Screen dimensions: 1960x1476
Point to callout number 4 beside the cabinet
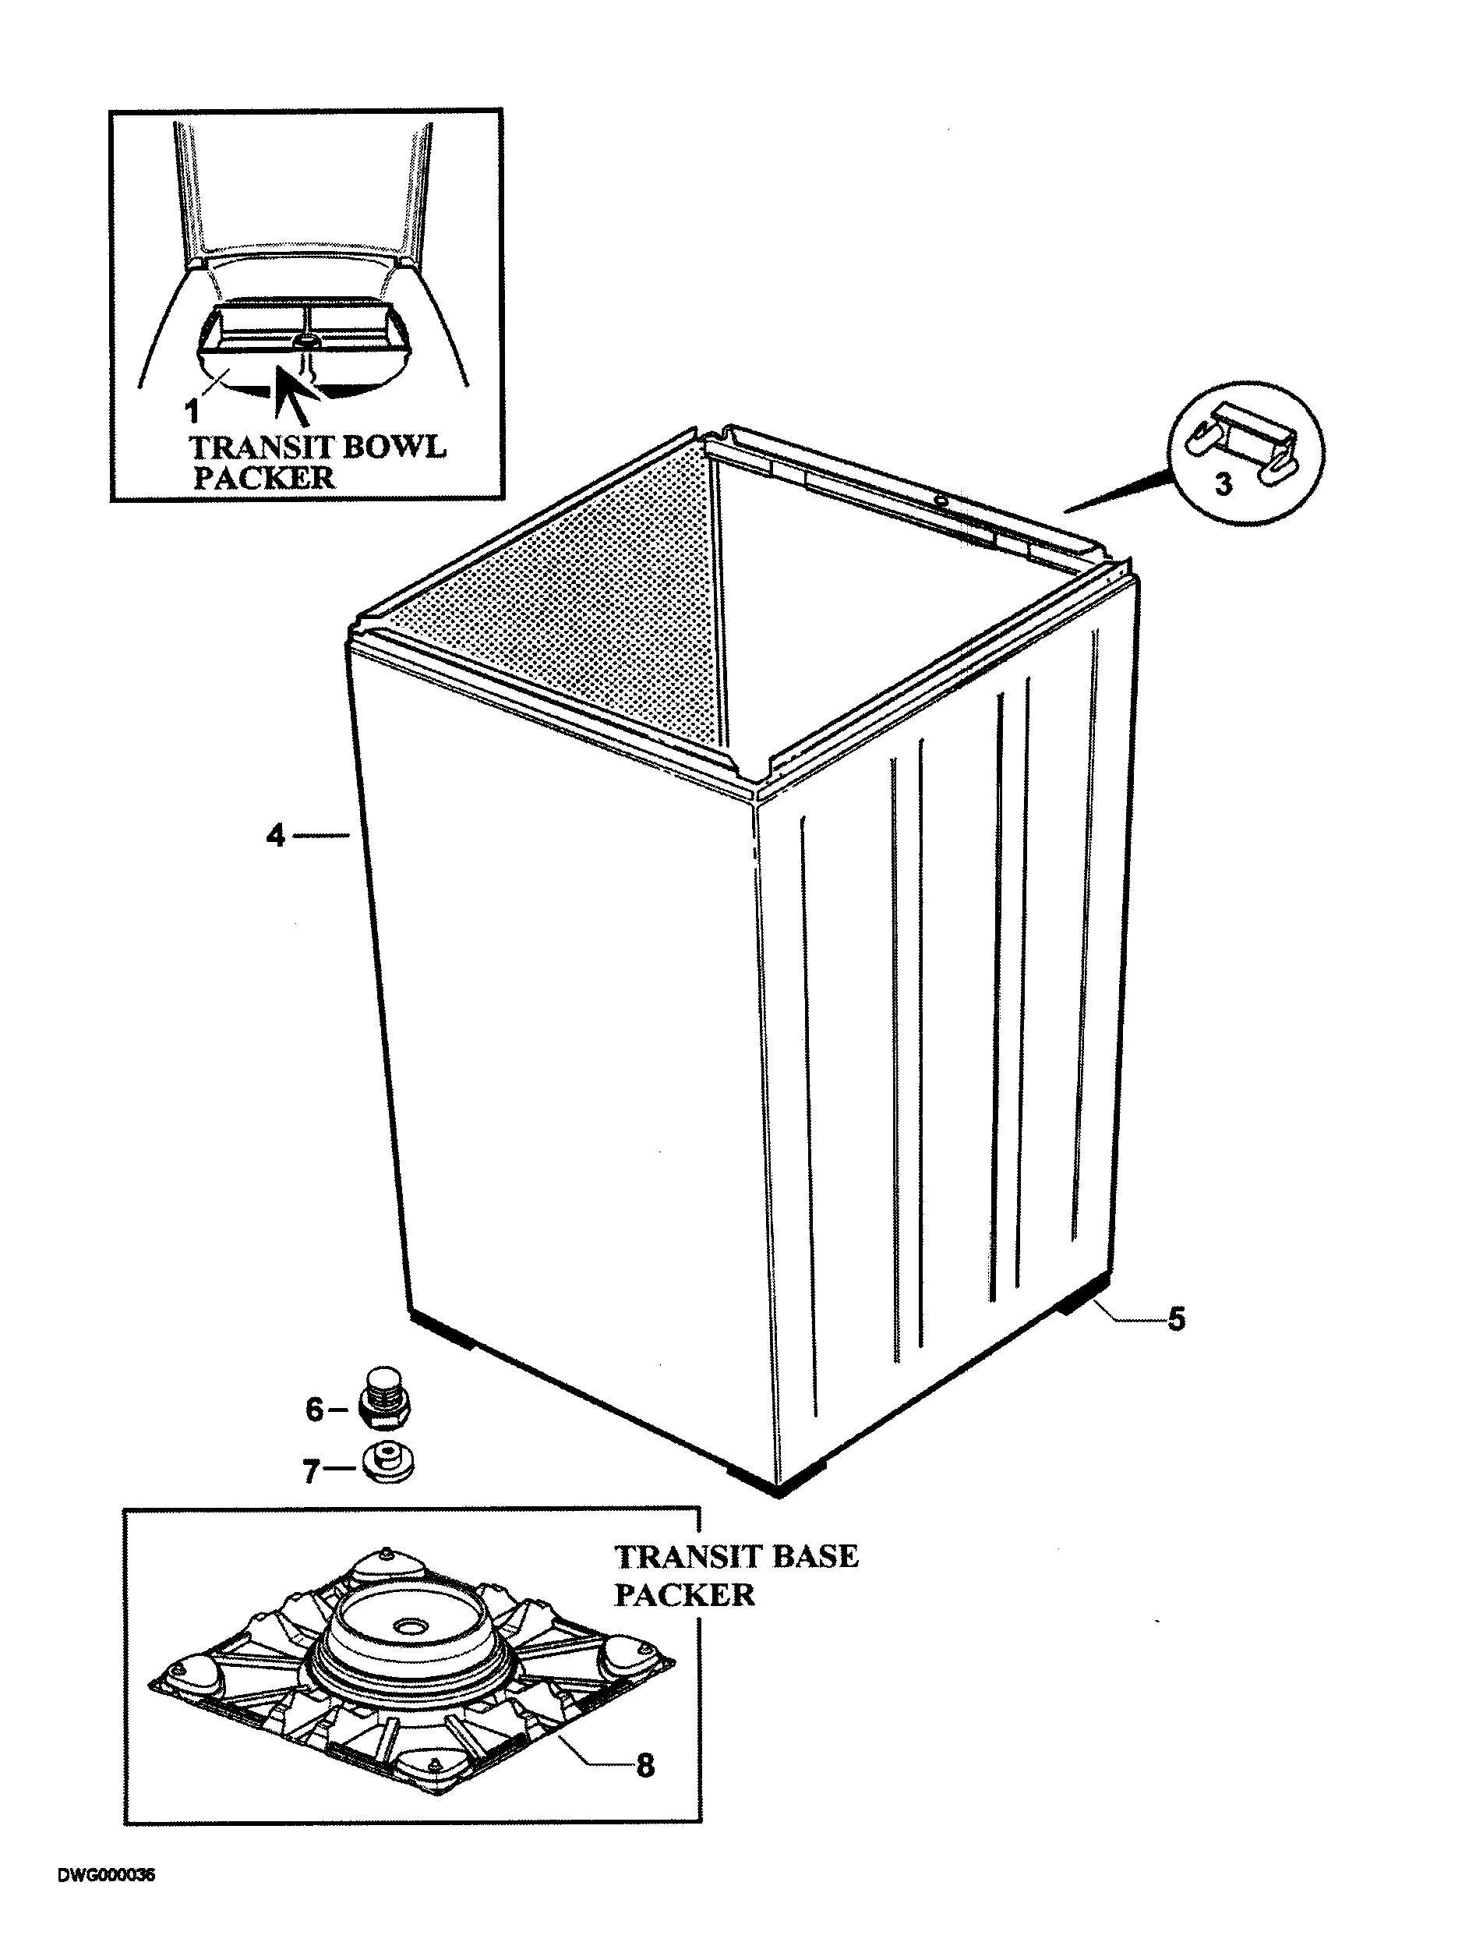(276, 835)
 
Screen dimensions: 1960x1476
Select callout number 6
(315, 1410)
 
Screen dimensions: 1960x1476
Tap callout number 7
(311, 1472)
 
